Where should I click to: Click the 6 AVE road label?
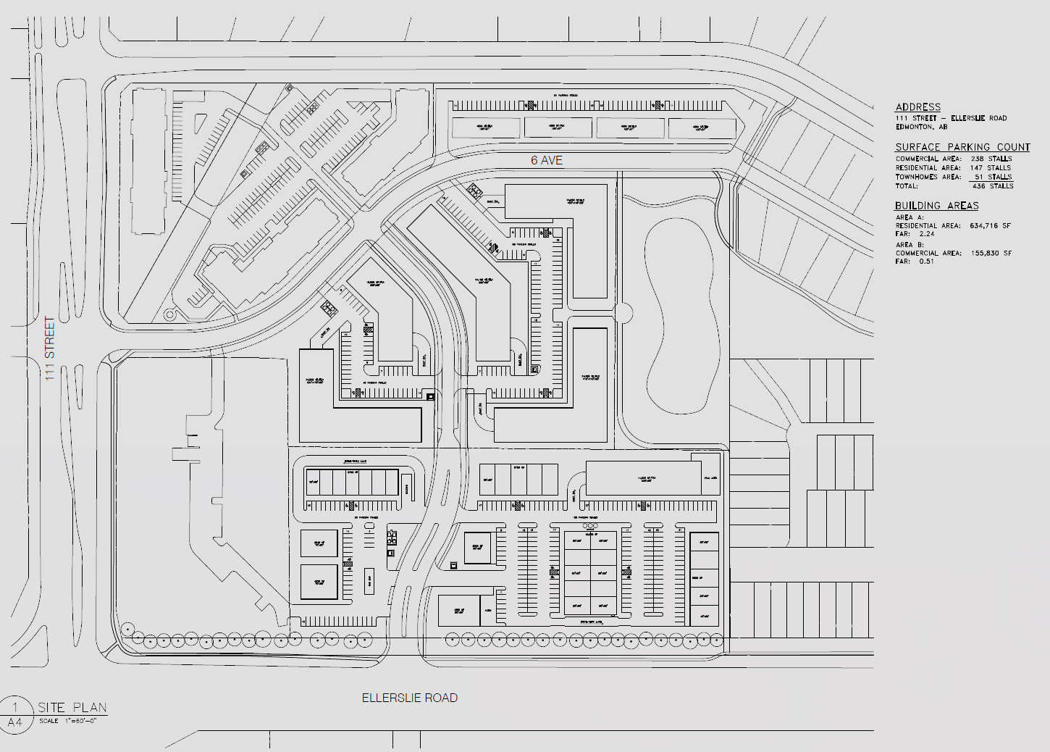(x=546, y=160)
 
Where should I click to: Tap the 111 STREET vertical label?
(x=50, y=348)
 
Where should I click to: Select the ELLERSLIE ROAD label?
(x=410, y=698)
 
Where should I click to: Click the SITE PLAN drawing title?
(x=72, y=707)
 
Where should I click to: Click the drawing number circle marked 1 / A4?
(x=15, y=714)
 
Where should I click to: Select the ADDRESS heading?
(x=917, y=106)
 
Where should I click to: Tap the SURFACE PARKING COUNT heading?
(x=962, y=146)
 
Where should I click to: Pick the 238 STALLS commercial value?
(x=991, y=159)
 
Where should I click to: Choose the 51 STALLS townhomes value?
(x=992, y=177)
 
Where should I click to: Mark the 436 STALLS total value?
(x=992, y=186)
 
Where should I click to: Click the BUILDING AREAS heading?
(x=936, y=206)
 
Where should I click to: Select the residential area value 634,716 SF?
(x=990, y=226)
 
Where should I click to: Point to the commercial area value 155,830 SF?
(x=990, y=253)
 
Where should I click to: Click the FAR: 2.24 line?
(x=915, y=235)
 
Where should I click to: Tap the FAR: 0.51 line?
(x=915, y=262)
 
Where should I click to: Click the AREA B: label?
(x=910, y=245)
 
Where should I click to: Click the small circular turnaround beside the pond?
(x=623, y=313)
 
